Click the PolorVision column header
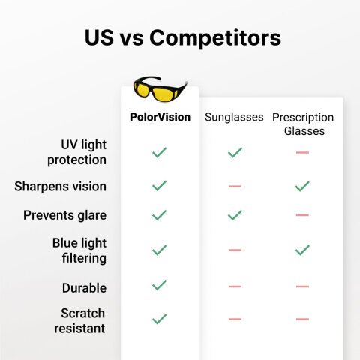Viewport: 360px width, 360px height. (159, 117)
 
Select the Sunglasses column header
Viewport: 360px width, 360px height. (235, 118)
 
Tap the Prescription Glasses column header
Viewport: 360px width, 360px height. (303, 124)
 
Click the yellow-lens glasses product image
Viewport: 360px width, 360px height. (159, 88)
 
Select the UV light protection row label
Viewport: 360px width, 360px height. (76, 151)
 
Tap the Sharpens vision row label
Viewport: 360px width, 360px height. (60, 186)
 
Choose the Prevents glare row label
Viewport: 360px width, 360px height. (64, 215)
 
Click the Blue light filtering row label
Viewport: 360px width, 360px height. (79, 250)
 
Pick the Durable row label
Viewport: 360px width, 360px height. (84, 287)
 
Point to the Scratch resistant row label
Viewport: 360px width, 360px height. (79, 320)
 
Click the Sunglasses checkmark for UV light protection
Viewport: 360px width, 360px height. (235, 152)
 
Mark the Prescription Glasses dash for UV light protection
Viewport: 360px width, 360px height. (302, 152)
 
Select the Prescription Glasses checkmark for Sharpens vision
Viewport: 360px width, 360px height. (302, 186)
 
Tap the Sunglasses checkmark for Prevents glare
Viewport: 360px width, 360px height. (235, 215)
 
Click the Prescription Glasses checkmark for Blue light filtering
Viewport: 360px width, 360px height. (302, 250)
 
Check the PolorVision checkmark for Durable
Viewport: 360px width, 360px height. (159, 285)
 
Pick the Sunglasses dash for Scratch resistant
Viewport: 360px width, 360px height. (235, 319)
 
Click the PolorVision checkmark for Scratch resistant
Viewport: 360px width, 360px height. (159, 319)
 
